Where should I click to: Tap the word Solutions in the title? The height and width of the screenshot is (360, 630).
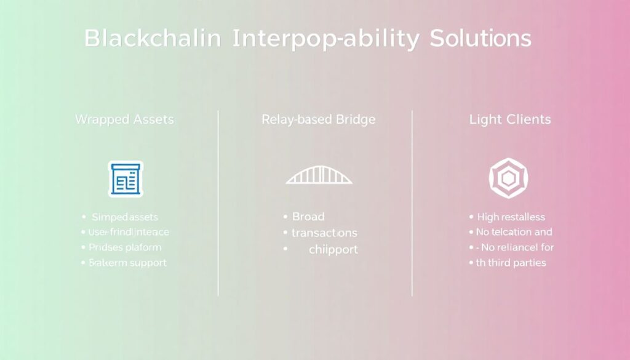tap(480, 38)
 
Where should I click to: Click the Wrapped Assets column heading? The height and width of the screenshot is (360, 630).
tap(124, 120)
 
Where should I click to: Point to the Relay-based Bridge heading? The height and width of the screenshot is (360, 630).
tap(318, 120)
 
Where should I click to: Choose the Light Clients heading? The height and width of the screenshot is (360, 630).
tap(510, 120)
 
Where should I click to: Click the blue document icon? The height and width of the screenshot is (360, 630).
tap(126, 179)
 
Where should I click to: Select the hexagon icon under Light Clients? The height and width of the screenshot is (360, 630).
tap(508, 178)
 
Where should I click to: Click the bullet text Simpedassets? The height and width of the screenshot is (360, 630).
tap(125, 217)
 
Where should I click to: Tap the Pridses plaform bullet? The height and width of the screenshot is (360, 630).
tap(126, 247)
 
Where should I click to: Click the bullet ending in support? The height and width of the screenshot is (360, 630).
tap(128, 263)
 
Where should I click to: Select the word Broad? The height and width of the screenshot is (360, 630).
tap(308, 217)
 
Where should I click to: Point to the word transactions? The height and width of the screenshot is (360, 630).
tap(324, 233)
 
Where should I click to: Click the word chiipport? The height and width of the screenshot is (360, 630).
tap(333, 250)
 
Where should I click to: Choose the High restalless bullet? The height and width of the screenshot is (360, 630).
tap(511, 217)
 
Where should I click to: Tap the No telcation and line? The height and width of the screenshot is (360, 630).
tap(514, 233)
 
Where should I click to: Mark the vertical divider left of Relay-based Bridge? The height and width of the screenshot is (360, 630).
tap(218, 203)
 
